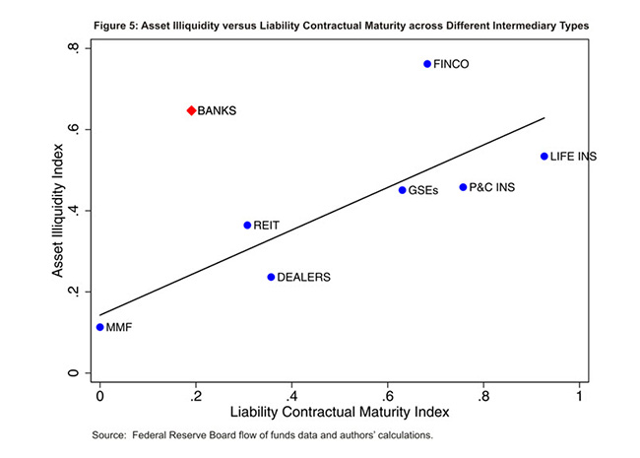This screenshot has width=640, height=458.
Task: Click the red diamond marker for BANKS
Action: click(191, 110)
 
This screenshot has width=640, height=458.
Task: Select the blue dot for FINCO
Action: click(427, 64)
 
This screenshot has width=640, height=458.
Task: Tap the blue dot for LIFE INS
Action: click(544, 156)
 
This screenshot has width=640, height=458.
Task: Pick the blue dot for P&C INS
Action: click(463, 187)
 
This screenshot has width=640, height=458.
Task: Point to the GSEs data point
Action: click(402, 190)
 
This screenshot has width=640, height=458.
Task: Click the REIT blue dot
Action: click(247, 226)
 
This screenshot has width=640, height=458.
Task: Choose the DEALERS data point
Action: click(271, 277)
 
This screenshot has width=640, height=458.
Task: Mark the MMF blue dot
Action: click(100, 327)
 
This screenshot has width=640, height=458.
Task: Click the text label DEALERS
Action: click(304, 278)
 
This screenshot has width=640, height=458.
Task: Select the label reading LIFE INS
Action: click(574, 157)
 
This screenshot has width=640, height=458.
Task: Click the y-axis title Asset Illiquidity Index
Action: click(60, 210)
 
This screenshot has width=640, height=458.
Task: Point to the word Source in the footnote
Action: click(107, 434)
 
